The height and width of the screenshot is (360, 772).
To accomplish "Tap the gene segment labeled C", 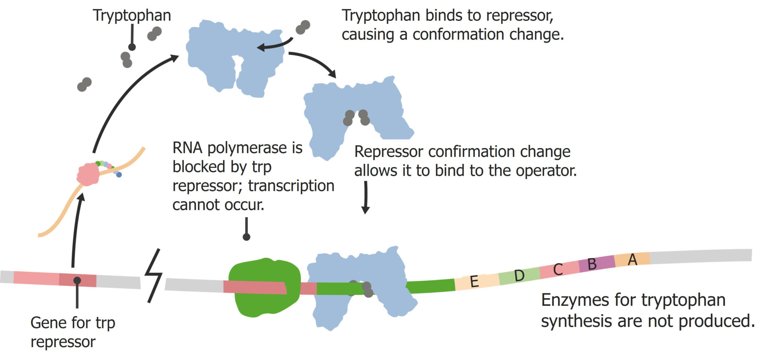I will (558, 269).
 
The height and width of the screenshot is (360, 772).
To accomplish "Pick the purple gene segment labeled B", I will (596, 263).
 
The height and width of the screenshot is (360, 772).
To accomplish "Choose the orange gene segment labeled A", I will (632, 259).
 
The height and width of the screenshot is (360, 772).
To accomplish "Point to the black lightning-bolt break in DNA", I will (154, 275).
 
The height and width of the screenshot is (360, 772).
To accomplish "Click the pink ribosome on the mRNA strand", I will (88, 174).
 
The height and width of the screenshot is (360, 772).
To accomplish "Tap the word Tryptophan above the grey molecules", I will (132, 15).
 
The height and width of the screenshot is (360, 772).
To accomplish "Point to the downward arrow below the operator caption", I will (365, 198).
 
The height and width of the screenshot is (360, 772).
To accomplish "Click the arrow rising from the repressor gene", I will (77, 230).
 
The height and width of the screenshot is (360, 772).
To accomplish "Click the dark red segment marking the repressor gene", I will (78, 280).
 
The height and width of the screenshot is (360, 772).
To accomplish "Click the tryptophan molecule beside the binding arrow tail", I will (303, 27).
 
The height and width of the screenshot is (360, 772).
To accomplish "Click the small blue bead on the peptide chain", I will (119, 175).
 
